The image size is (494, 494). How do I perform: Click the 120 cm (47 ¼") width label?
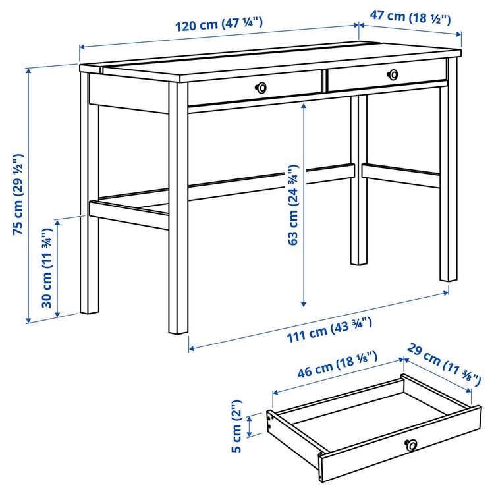tap(219, 24)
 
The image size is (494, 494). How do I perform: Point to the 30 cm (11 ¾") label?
tap(46, 269)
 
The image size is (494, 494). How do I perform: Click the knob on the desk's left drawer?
tap(261, 86)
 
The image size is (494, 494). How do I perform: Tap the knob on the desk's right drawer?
tap(393, 74)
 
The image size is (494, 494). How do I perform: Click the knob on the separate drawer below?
tap(412, 445)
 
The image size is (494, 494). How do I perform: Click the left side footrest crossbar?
tap(128, 215)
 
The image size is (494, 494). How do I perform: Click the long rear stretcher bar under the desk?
tap(263, 180)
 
